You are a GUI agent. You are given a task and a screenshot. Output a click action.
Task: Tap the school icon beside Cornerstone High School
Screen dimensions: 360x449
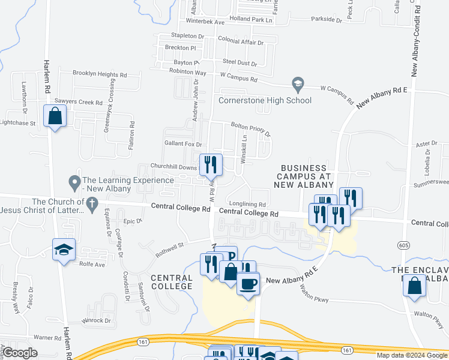point(297,83)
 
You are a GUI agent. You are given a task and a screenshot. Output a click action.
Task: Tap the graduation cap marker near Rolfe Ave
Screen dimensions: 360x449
point(63,250)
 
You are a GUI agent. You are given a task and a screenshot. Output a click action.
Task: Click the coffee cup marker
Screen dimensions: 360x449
point(247,283)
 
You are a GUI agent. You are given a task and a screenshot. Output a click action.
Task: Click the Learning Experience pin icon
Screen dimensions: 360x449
point(74,181)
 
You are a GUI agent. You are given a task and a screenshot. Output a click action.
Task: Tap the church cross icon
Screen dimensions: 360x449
point(91,205)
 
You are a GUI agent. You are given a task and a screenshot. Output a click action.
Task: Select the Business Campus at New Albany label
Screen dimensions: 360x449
point(303,177)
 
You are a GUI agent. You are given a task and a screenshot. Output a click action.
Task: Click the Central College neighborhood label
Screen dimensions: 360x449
point(172,282)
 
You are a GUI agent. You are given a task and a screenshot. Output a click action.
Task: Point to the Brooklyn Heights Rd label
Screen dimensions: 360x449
point(100,74)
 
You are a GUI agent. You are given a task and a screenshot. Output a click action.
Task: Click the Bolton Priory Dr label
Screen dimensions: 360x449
point(251,129)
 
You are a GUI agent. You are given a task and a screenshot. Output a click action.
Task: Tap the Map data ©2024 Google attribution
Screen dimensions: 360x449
point(412,355)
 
